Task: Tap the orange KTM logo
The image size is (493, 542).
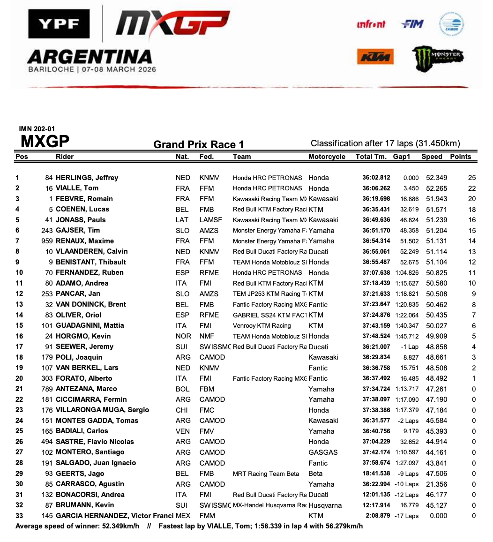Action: pyautogui.click(x=375, y=57)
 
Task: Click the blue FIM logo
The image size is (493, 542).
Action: pyautogui.click(x=412, y=24)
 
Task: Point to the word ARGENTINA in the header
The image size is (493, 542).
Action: pyautogui.click(x=89, y=57)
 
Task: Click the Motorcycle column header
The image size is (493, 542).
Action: pyautogui.click(x=327, y=157)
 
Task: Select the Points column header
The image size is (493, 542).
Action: pyautogui.click(x=460, y=157)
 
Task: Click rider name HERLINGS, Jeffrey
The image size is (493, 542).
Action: pyautogui.click(x=87, y=178)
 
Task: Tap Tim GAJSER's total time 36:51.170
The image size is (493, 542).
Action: pyautogui.click(x=376, y=230)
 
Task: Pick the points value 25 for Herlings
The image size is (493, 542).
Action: pyautogui.click(x=471, y=178)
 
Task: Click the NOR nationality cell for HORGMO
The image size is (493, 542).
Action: pyautogui.click(x=183, y=336)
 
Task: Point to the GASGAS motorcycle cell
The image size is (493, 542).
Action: pyautogui.click(x=323, y=452)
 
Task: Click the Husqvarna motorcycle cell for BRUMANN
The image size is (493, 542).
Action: pyautogui.click(x=325, y=505)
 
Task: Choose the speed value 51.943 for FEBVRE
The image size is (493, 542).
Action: pyautogui.click(x=434, y=199)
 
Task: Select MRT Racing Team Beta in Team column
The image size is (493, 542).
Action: pyautogui.click(x=266, y=474)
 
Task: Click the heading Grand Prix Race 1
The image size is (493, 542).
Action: pyautogui.click(x=198, y=144)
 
